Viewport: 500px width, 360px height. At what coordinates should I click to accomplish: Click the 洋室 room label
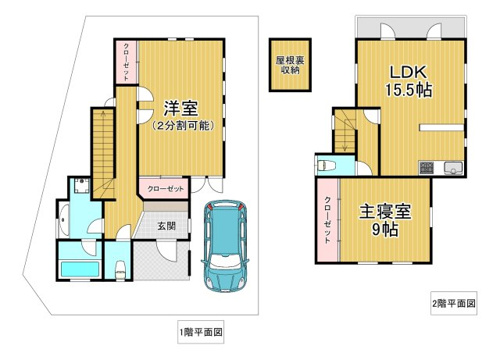click(181, 108)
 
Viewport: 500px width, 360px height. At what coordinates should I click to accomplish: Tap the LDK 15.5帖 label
click(409, 81)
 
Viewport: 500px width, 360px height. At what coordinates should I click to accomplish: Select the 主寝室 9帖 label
click(385, 220)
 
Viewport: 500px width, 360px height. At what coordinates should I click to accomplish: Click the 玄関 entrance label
click(166, 226)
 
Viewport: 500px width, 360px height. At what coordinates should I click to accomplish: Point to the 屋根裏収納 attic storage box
click(290, 65)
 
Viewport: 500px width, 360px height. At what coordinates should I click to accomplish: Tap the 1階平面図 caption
click(201, 332)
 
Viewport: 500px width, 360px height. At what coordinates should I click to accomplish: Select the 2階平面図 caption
click(454, 303)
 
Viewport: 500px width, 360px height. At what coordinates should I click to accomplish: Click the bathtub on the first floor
click(80, 269)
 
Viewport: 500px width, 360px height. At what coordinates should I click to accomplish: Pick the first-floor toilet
click(119, 269)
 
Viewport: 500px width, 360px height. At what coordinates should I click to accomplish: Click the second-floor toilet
click(326, 165)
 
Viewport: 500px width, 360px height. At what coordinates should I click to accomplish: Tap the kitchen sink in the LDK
click(453, 168)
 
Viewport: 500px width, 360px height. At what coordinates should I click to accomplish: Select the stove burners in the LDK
click(426, 168)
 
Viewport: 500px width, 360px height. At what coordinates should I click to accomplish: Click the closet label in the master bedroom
click(328, 220)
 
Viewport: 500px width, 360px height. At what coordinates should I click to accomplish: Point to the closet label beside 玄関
click(165, 189)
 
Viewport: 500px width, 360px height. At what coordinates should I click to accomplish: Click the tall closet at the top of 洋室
click(126, 62)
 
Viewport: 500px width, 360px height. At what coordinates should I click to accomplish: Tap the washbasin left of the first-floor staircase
click(82, 186)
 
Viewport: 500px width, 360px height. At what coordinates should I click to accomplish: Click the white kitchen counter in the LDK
click(441, 127)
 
